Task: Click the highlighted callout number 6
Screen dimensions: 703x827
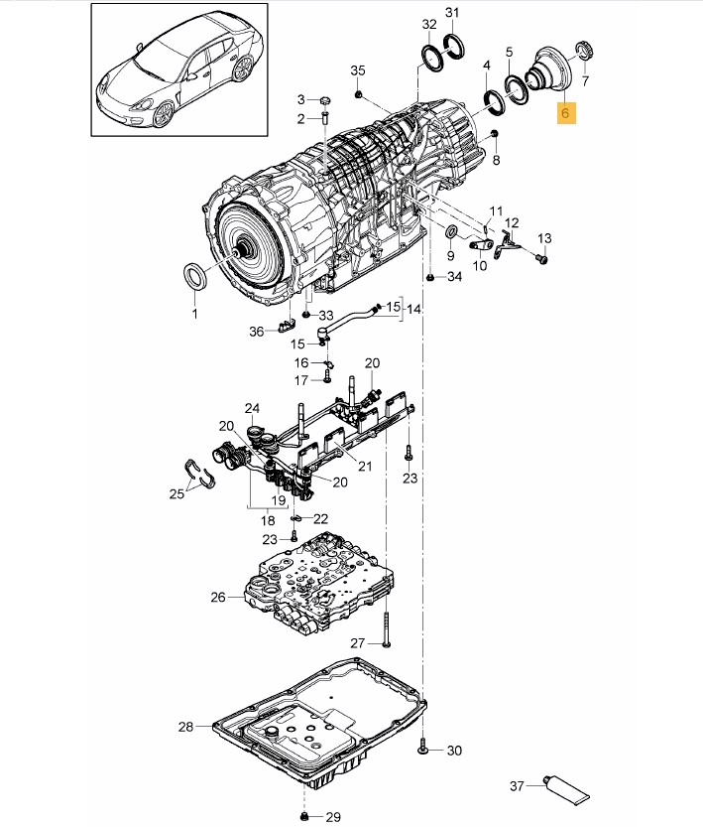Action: [x=565, y=113]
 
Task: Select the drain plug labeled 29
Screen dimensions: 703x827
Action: [x=303, y=817]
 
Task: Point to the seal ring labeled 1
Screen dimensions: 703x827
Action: [x=195, y=276]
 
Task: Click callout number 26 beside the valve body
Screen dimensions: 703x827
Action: [x=218, y=597]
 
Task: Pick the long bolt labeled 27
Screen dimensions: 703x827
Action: [x=387, y=628]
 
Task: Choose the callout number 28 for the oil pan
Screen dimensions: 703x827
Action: [x=185, y=727]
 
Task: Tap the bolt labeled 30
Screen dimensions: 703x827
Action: [x=422, y=750]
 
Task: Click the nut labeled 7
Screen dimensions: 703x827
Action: [x=586, y=52]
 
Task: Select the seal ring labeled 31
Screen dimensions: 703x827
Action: [x=454, y=47]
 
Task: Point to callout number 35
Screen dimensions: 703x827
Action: [x=358, y=70]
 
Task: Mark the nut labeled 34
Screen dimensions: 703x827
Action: [x=430, y=277]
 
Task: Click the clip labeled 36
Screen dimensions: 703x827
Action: [x=286, y=326]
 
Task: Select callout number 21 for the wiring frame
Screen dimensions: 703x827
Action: [x=365, y=467]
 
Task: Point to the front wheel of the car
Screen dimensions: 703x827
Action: [x=163, y=114]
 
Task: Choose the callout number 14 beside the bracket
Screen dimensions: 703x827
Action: [x=413, y=309]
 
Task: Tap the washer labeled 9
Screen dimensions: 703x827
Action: [x=452, y=231]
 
